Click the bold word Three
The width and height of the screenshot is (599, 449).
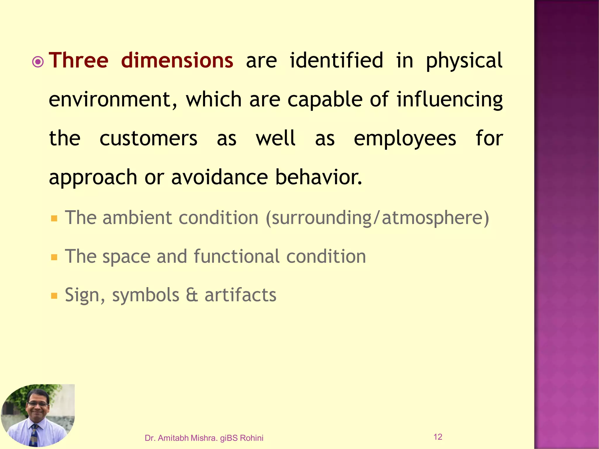78,61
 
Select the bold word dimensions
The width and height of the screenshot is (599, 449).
177,61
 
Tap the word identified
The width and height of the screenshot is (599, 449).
336,61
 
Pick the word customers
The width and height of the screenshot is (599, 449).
148,139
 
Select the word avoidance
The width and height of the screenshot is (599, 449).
219,177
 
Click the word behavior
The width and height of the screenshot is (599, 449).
319,177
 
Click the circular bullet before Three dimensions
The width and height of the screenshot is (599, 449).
38,62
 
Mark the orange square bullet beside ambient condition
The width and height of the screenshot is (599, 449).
54,218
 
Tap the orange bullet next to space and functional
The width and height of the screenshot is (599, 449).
54,257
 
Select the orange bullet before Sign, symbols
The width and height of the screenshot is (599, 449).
54,296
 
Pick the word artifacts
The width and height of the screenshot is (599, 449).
240,295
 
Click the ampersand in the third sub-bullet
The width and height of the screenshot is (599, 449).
192,295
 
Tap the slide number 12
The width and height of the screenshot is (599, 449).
438,437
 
